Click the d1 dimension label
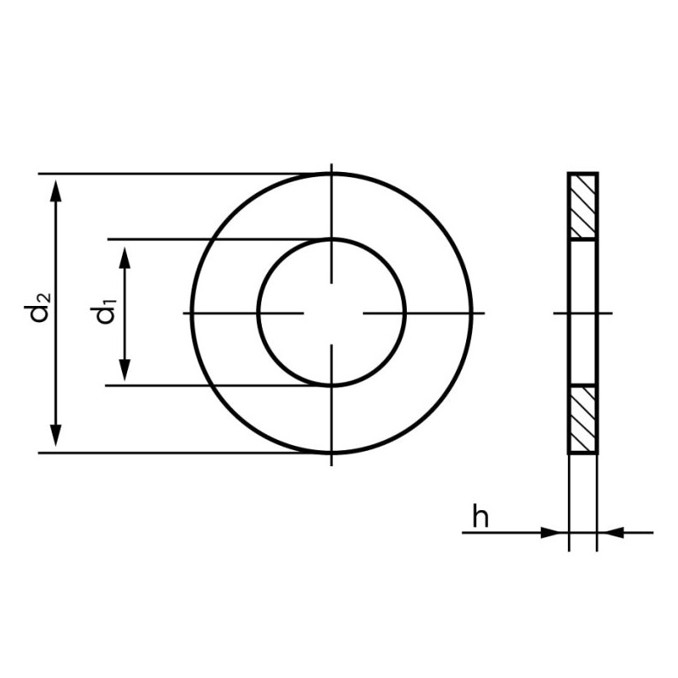(105, 310)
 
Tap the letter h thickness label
(480, 515)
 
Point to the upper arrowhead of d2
(56, 192)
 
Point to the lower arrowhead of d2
(56, 436)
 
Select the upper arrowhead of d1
(125, 258)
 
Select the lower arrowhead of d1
(125, 370)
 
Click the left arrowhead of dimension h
(555, 533)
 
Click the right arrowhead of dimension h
(611, 533)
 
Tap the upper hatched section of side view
(583, 206)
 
